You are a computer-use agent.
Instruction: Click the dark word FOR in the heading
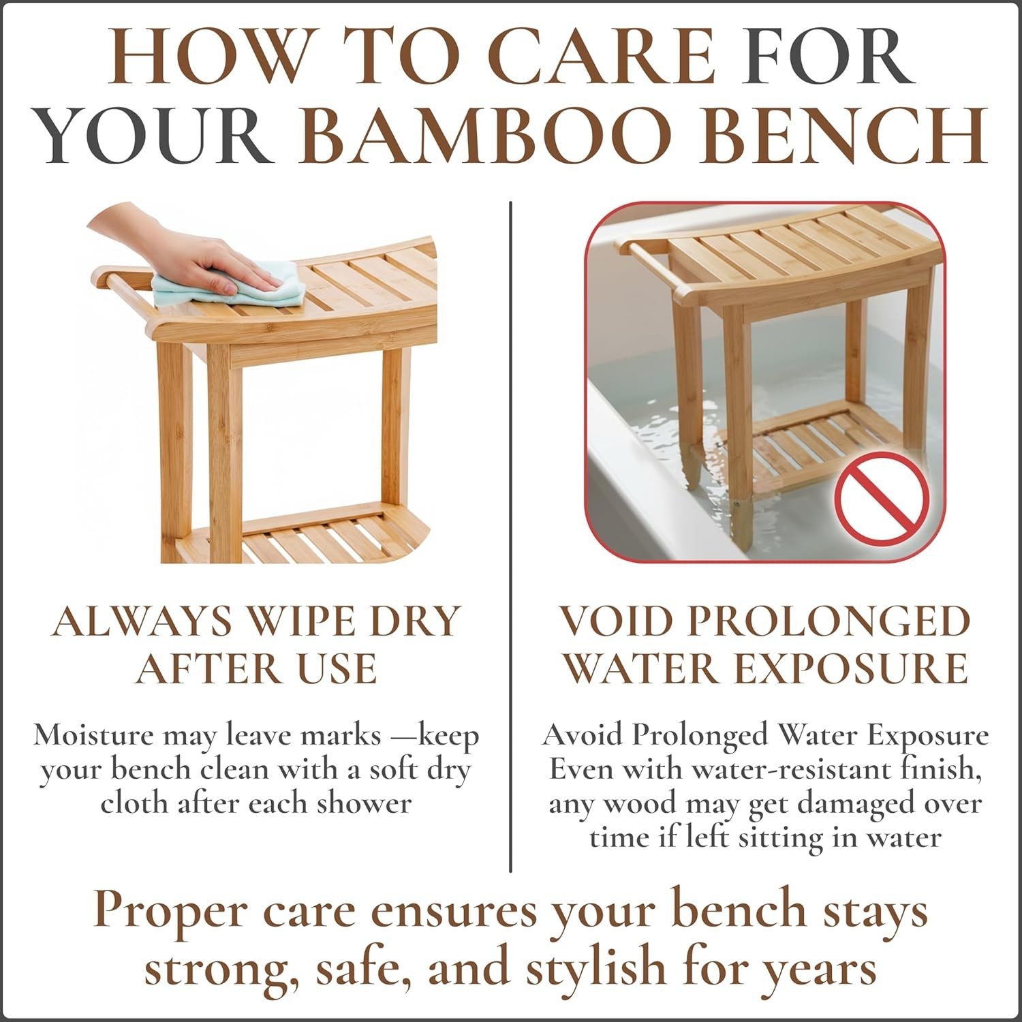(x=828, y=56)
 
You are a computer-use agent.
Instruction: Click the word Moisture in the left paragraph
(x=93, y=736)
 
